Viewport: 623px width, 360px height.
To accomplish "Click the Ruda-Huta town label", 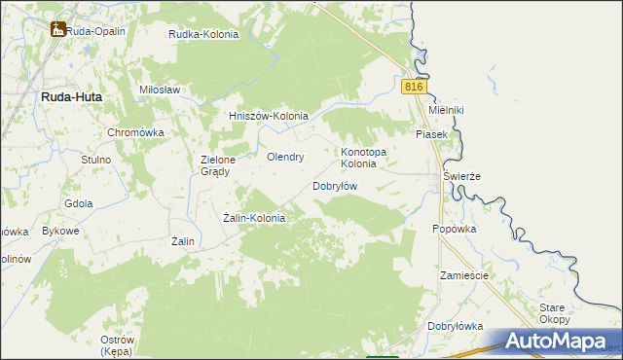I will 71,97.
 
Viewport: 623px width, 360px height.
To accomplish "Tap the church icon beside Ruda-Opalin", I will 57,30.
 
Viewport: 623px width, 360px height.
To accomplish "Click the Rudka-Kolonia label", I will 203,34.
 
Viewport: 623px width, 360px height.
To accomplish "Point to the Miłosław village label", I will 161,90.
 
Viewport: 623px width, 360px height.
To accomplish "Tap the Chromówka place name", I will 136,132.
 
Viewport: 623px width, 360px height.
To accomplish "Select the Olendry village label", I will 286,157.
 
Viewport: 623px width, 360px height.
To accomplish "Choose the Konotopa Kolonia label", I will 364,158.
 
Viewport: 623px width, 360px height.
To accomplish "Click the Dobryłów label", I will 336,186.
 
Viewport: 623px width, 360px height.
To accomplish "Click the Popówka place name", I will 454,230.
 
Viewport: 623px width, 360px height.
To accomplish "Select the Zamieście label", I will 463,275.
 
